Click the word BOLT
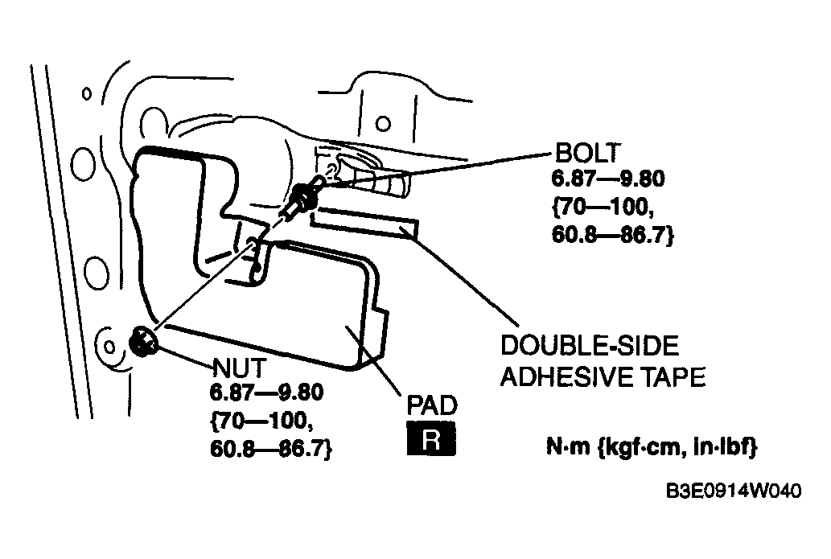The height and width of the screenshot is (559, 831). tap(587, 153)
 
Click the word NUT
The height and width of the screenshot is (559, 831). tap(240, 368)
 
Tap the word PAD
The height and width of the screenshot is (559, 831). tap(432, 405)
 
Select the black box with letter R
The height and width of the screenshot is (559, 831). tap(431, 438)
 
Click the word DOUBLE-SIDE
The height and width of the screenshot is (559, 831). tap(590, 346)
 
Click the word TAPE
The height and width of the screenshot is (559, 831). tap(673, 377)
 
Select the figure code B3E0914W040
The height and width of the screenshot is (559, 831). tap(734, 491)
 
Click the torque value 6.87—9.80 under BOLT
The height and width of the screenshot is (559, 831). tap(608, 179)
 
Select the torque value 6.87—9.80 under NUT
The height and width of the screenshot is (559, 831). tap(266, 393)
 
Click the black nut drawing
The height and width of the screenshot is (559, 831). tap(142, 341)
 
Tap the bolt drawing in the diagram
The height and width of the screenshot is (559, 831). tap(302, 198)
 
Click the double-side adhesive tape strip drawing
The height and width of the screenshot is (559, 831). tap(364, 223)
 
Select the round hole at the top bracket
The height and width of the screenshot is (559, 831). tap(383, 124)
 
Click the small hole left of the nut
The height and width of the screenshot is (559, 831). tap(109, 347)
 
